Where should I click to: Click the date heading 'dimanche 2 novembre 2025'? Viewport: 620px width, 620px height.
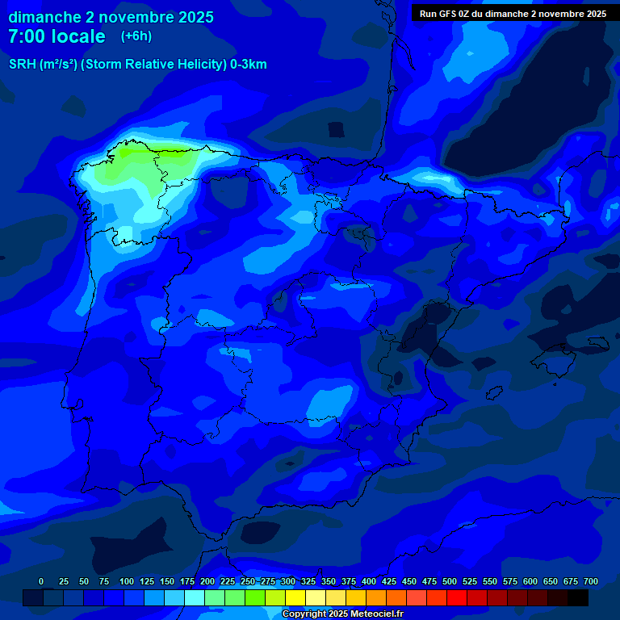coord(111,17)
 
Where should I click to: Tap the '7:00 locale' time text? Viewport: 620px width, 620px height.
coord(57,36)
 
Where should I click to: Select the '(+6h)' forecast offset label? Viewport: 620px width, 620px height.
coord(136,36)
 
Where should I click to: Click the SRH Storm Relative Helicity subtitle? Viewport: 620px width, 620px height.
coord(137,65)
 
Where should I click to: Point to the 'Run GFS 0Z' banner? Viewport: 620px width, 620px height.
coord(513,14)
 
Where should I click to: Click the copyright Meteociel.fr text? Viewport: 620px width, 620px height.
coord(342,614)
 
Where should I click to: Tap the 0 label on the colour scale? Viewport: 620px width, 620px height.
coord(41,581)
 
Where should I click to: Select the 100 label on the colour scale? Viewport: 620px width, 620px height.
coord(126,581)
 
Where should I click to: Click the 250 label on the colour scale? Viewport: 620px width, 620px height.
coord(248,581)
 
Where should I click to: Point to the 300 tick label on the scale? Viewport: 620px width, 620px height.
coord(288,581)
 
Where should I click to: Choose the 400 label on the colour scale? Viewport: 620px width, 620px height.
coord(369,581)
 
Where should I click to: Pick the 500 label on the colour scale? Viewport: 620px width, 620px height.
coord(450,581)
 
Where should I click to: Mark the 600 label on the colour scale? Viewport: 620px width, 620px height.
coord(530,581)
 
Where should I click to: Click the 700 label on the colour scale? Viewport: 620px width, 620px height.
coord(591,581)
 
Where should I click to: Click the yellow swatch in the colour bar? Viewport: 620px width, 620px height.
coord(295,597)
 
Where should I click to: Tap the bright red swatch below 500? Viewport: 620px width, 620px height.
coord(457,597)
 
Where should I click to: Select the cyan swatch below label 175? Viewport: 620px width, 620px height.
coord(195,597)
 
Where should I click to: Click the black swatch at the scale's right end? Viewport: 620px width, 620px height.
coord(578,597)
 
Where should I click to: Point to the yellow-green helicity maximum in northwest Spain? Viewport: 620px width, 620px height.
coord(133,157)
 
